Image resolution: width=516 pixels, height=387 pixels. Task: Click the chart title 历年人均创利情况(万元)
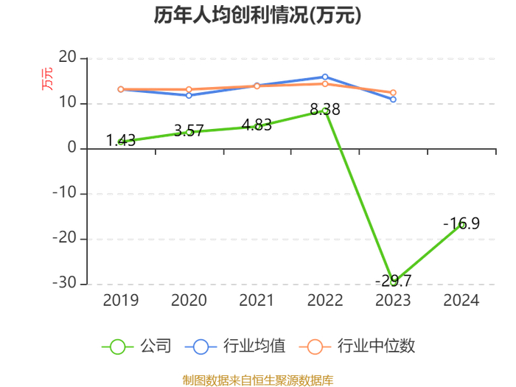(258, 15)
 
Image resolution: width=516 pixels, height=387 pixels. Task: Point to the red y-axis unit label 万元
(47, 79)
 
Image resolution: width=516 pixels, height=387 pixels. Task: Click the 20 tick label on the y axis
(68, 57)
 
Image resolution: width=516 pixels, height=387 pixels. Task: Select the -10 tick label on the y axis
(65, 192)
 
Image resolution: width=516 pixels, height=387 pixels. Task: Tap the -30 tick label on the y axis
(65, 282)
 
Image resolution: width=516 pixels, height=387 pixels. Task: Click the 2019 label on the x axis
(121, 300)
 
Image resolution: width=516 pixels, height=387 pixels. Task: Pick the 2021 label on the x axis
(257, 300)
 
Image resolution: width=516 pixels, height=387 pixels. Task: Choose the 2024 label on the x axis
(461, 300)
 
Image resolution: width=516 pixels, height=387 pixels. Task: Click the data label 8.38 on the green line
(325, 109)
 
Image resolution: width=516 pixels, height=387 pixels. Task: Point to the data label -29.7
(393, 281)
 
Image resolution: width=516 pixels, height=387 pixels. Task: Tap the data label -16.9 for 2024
(461, 223)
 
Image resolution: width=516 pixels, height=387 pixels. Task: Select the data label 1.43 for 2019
(121, 141)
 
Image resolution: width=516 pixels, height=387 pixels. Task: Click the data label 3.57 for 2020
(189, 130)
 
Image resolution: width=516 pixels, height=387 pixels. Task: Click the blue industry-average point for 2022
(325, 77)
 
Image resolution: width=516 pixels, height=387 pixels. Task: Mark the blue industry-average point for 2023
(393, 100)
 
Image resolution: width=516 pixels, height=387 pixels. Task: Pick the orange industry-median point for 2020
(189, 89)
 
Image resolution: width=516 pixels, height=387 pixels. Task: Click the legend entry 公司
(137, 346)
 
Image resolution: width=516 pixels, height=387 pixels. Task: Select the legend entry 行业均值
(235, 346)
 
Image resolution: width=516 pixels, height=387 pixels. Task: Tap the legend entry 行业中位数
(358, 346)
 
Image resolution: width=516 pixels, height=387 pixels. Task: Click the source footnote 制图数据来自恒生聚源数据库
(258, 380)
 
